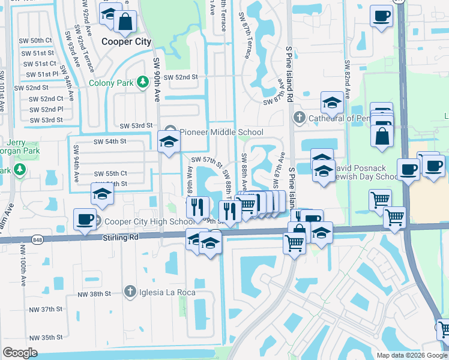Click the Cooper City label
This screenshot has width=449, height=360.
click(126, 41)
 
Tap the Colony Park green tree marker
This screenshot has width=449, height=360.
click(143, 82)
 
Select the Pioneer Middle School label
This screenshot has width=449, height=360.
click(221, 132)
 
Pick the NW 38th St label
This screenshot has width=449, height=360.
click(95, 294)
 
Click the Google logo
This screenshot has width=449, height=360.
click(20, 353)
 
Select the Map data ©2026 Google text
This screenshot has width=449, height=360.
click(411, 355)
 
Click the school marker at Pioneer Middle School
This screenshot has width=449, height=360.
click(169, 142)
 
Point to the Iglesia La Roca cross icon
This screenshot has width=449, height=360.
click(129, 292)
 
